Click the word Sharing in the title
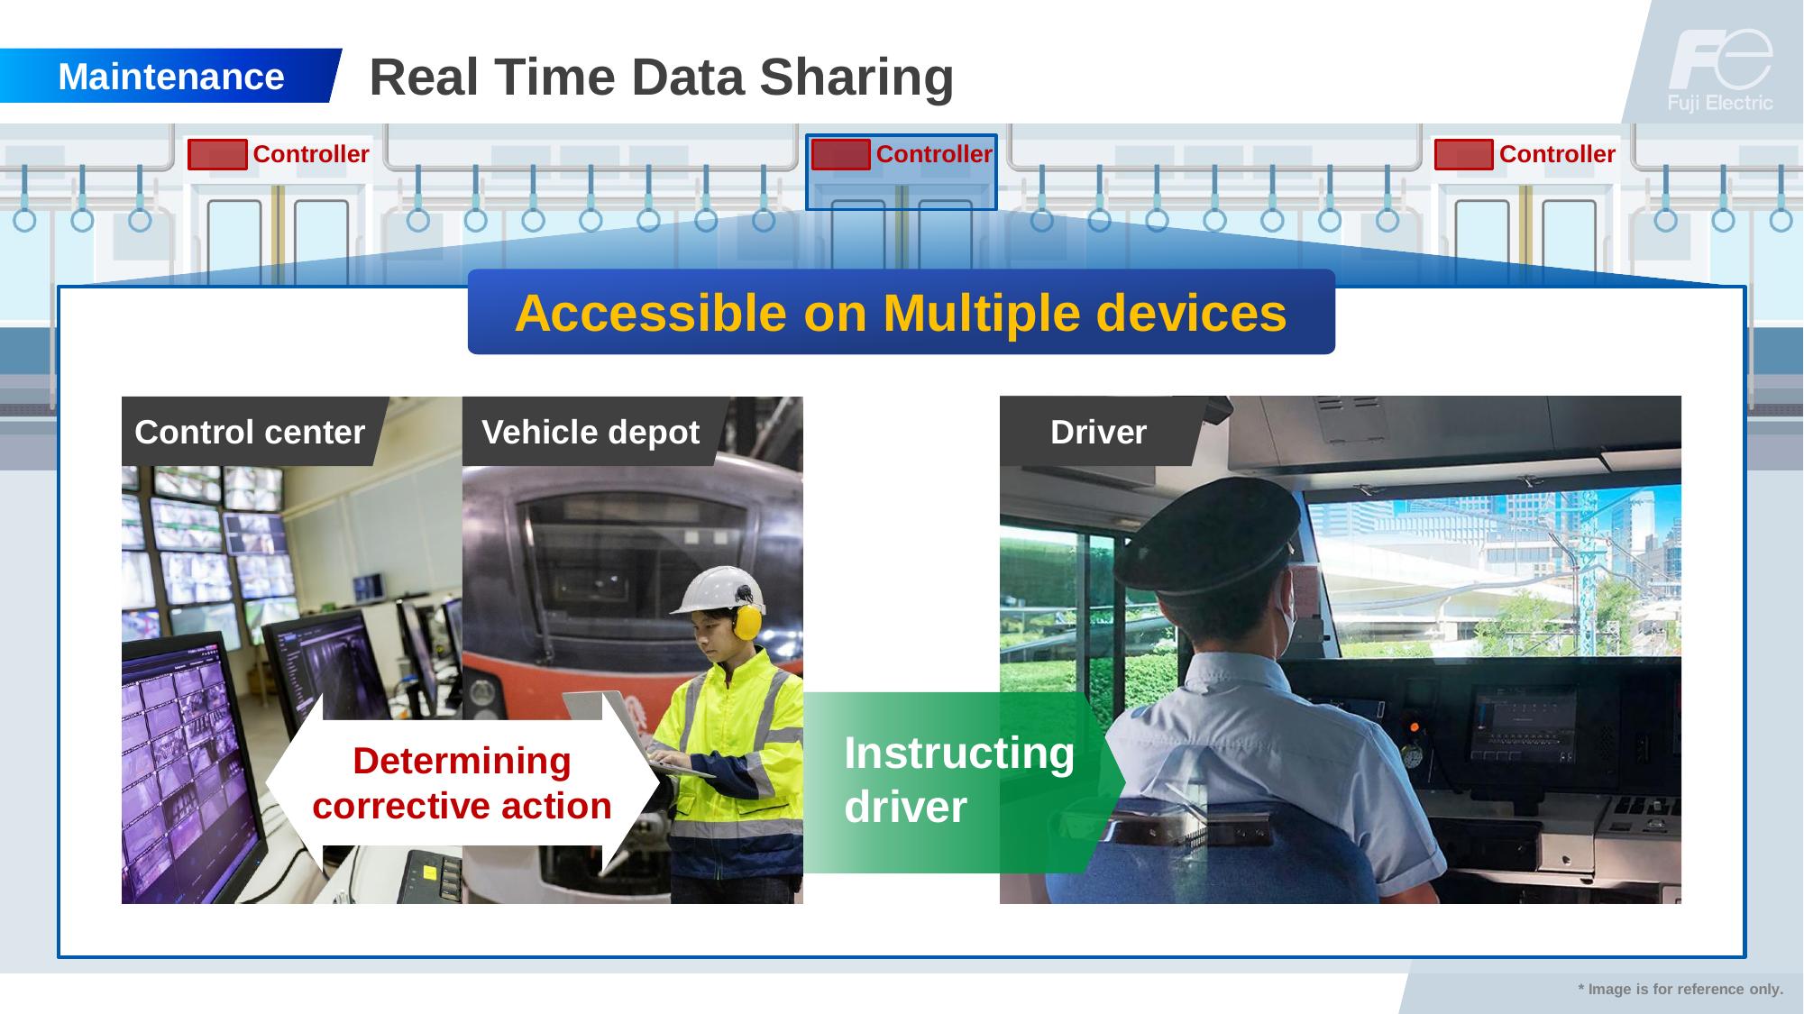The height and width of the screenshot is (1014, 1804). (x=856, y=78)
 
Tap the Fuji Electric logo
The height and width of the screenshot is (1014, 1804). (x=1720, y=70)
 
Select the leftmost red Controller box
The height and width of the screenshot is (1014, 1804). (x=217, y=155)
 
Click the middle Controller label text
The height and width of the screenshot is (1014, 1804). (x=934, y=154)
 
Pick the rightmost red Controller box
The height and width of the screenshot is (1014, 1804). (x=1463, y=155)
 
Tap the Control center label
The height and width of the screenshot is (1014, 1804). (x=250, y=432)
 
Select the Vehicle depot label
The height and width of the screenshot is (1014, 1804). (x=591, y=432)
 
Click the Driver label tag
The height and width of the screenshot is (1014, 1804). (x=1099, y=432)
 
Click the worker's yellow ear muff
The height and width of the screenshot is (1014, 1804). (x=746, y=621)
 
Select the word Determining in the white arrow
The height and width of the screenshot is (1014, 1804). (x=462, y=761)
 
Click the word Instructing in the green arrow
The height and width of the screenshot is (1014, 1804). (x=959, y=753)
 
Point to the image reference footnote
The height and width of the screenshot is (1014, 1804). (x=1680, y=989)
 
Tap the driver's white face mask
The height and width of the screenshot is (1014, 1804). (x=1287, y=605)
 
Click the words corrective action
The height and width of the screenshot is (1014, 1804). (x=462, y=806)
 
